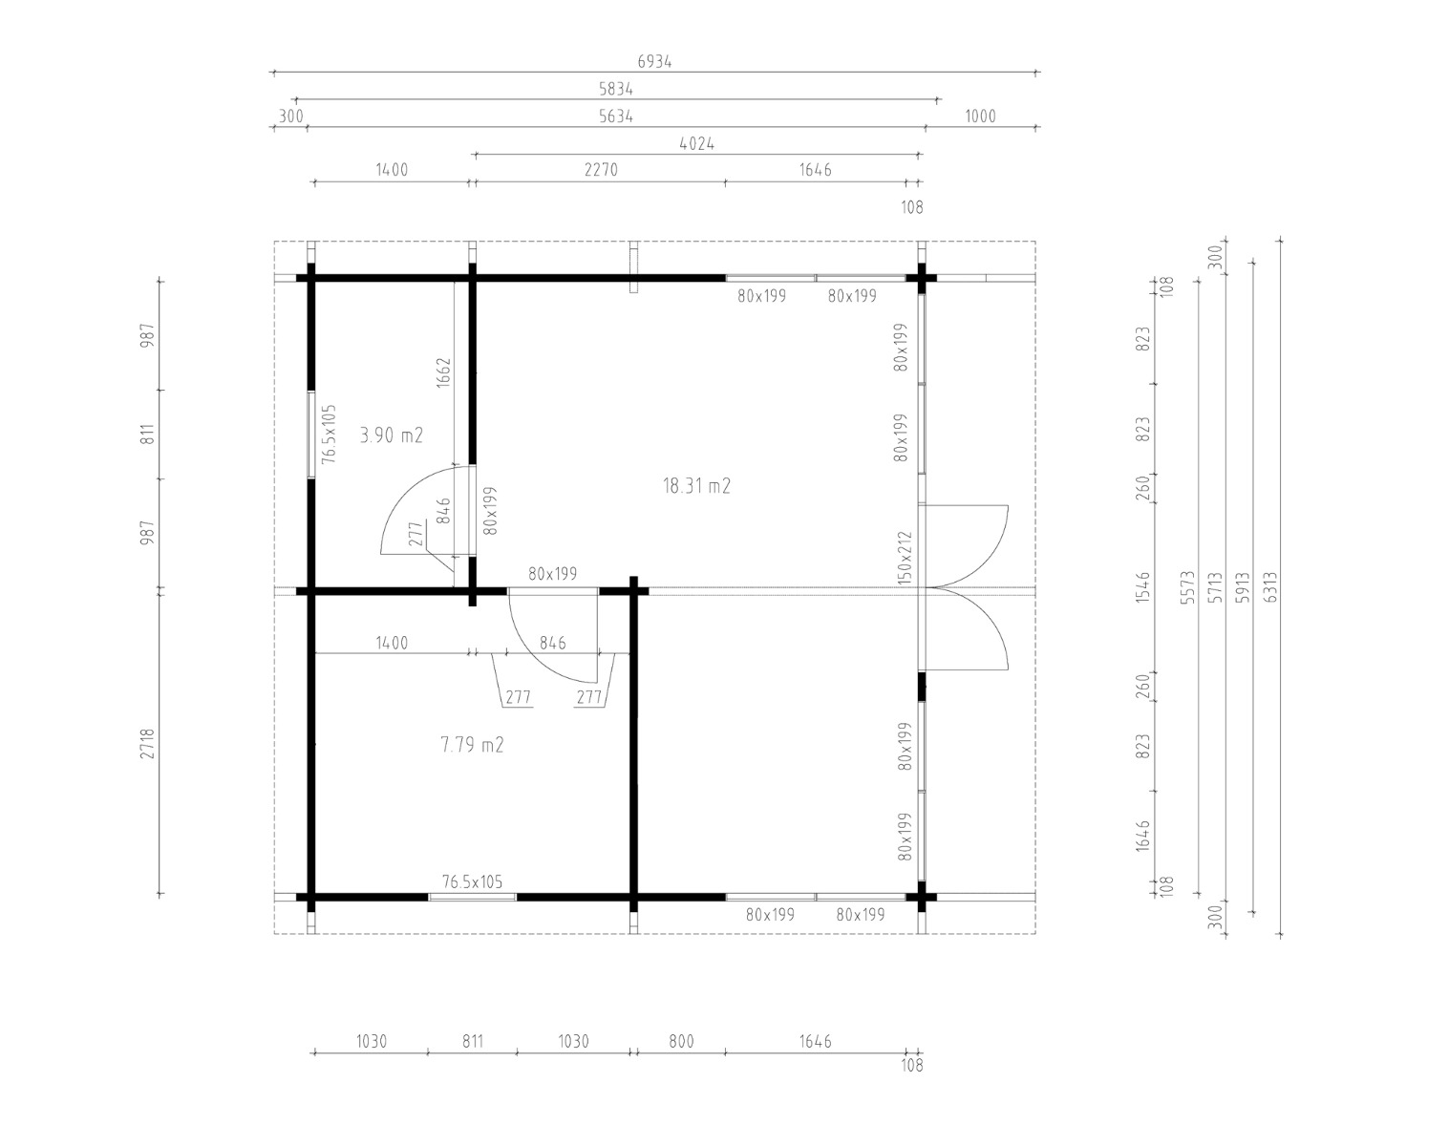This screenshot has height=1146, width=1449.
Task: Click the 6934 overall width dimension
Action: (x=654, y=62)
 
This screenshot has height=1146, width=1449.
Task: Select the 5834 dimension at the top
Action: (x=615, y=89)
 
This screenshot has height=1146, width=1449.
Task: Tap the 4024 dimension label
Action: (x=697, y=144)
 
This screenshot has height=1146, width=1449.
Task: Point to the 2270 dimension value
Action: (x=601, y=170)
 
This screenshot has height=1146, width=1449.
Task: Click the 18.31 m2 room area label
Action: (x=696, y=485)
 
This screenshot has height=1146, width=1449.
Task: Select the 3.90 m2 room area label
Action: (x=392, y=435)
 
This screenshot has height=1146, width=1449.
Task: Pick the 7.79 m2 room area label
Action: (x=472, y=745)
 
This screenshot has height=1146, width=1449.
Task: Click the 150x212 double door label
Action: (x=905, y=558)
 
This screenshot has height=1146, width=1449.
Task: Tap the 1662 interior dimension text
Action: (x=443, y=372)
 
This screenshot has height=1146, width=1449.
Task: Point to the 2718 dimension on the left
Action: (x=147, y=743)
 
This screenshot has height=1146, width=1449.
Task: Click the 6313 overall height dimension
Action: (x=1270, y=587)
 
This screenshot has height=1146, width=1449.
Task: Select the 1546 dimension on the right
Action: (x=1142, y=587)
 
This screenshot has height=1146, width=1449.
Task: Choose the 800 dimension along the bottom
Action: (x=681, y=1042)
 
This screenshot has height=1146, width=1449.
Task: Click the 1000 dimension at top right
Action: (x=980, y=117)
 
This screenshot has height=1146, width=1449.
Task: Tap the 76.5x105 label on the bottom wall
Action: (x=472, y=881)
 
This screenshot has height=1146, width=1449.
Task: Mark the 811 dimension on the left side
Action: (x=147, y=434)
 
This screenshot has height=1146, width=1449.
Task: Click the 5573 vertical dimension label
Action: (x=1187, y=587)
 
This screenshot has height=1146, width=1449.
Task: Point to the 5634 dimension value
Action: (x=615, y=117)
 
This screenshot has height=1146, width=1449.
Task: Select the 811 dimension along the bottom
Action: (x=473, y=1042)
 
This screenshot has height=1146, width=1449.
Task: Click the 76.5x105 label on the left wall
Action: (x=329, y=435)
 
